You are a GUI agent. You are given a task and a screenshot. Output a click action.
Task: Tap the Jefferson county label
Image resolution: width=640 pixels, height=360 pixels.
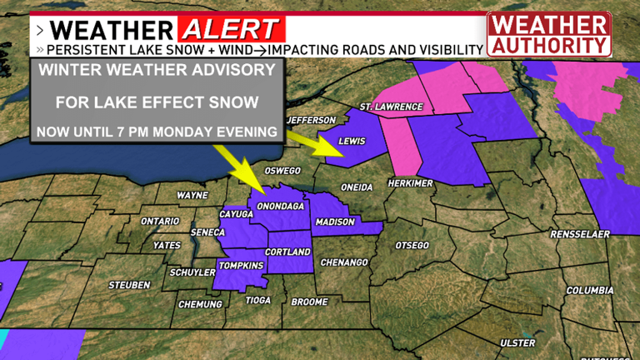311,121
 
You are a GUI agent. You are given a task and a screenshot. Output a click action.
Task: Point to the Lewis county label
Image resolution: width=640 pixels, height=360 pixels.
352,142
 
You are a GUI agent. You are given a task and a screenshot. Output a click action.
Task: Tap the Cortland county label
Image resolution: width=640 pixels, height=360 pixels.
287,252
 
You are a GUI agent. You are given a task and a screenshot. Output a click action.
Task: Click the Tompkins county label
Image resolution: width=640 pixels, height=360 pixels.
241,266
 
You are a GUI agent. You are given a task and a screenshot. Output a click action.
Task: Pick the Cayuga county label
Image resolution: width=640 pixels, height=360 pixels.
235,214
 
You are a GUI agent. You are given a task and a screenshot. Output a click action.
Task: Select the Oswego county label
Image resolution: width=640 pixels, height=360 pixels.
282,172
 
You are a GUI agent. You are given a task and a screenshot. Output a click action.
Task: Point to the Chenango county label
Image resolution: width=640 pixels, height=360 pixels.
344,262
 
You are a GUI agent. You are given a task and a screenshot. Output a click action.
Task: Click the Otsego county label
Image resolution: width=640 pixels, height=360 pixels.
412,245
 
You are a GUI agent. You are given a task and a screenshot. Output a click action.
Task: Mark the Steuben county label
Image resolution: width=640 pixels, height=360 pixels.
129,286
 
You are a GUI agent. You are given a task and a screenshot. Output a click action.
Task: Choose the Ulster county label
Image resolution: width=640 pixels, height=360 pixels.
517,342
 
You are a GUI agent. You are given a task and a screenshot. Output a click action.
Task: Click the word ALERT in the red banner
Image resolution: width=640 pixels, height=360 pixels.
230,30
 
